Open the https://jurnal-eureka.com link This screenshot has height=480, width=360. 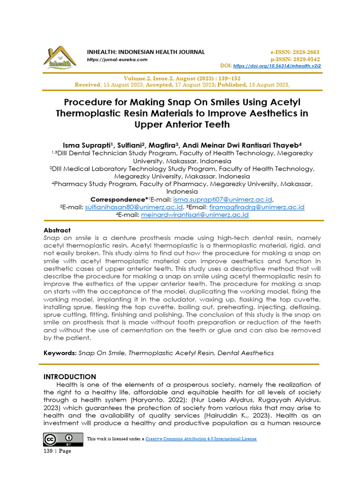pyautogui.click(x=117, y=60)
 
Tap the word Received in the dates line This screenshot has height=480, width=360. pyautogui.click(x=88, y=85)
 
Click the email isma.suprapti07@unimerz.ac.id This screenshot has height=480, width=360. pyautogui.click(x=223, y=199)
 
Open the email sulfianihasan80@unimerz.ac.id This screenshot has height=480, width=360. pyautogui.click(x=134, y=207)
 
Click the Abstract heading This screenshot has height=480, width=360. pyautogui.click(x=57, y=230)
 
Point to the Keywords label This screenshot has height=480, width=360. pyautogui.click(x=60, y=352)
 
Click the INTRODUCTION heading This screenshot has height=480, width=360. pyautogui.click(x=70, y=376)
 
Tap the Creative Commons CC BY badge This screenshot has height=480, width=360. pyautogui.click(x=63, y=439)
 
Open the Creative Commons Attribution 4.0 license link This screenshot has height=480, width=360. pyautogui.click(x=201, y=439)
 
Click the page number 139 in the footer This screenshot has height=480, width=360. pyautogui.click(x=47, y=451)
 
